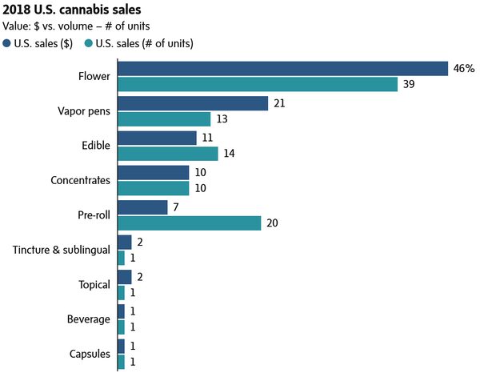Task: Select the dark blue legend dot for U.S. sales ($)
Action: click(7, 43)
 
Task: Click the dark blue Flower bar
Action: click(282, 69)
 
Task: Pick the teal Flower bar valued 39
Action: click(258, 84)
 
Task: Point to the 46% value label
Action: click(463, 69)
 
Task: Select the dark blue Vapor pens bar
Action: click(193, 103)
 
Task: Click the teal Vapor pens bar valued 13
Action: click(164, 119)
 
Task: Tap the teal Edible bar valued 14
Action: click(167, 154)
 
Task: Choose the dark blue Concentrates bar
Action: click(154, 173)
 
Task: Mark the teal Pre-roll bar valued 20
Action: click(190, 223)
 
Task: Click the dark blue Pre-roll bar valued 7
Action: click(142, 207)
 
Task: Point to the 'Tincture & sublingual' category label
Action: click(62, 251)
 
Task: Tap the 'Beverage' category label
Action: click(89, 319)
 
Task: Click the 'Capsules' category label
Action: click(90, 354)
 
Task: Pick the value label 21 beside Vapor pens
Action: click(279, 103)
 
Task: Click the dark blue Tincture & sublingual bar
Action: click(125, 242)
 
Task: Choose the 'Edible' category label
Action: click(95, 146)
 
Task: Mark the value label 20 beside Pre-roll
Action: click(273, 223)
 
